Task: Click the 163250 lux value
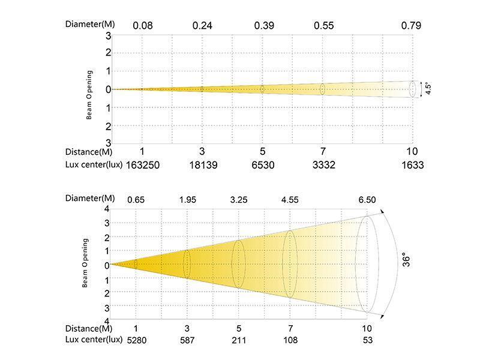coord(142,165)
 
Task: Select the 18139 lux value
coord(202,165)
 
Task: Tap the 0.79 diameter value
coord(411,26)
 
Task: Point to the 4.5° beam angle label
coord(428,89)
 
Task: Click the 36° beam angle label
coord(407,260)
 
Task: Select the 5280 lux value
coord(136,340)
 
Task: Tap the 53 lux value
coord(367,340)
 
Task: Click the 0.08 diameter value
coord(142,26)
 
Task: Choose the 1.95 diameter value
coord(187,199)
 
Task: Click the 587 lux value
coord(187,340)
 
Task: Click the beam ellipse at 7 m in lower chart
coord(290,264)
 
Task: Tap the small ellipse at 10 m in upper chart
coord(412,89)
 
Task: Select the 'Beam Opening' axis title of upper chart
coord(89,95)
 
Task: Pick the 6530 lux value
coord(262,165)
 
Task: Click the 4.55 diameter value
coord(290,199)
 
